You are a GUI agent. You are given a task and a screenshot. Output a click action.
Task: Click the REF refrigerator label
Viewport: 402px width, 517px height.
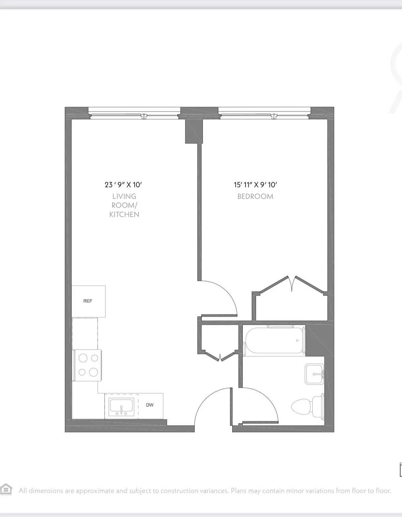(x=88, y=301)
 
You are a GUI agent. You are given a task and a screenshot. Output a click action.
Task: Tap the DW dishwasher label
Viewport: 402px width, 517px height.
(x=150, y=405)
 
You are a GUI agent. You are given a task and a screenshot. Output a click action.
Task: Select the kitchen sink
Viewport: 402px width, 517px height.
(x=121, y=406)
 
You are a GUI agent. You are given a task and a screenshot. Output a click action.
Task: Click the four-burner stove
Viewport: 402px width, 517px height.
(x=88, y=365)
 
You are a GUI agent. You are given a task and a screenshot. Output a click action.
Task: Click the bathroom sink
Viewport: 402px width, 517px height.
(x=314, y=374)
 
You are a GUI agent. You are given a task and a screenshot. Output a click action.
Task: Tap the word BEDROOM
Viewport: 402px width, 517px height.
(x=255, y=196)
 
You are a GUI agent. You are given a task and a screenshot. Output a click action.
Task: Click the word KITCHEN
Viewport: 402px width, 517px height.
(x=124, y=214)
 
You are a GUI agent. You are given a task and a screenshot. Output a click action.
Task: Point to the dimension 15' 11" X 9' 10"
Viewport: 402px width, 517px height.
(x=255, y=185)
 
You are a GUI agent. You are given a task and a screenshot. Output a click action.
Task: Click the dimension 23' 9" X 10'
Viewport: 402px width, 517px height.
(x=123, y=185)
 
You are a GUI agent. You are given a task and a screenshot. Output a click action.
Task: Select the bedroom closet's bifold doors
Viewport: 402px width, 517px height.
(x=292, y=284)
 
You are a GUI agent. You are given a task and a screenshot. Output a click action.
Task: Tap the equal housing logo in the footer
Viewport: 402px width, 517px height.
(x=6, y=490)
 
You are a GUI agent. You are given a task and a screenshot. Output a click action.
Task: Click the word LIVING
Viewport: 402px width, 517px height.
(x=124, y=196)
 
